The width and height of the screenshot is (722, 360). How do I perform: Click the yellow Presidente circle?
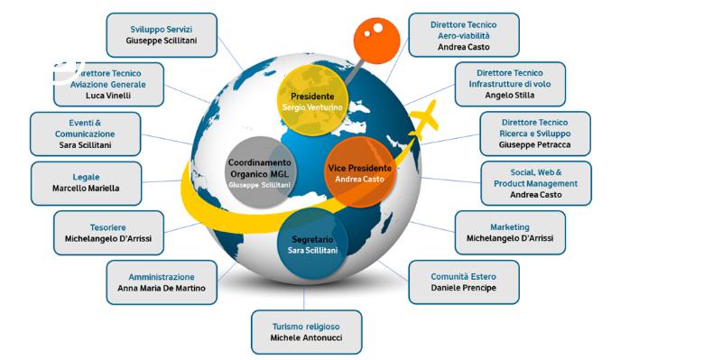[312, 100]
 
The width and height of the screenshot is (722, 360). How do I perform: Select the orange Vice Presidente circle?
[360, 171]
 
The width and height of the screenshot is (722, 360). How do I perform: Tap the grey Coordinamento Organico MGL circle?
[260, 171]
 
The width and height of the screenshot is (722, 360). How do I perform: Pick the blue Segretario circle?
[312, 244]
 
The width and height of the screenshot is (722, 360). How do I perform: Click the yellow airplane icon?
[423, 119]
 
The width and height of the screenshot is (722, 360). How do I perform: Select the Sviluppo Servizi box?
[162, 35]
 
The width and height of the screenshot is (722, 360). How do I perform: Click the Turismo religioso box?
[306, 332]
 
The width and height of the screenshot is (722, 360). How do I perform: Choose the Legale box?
[86, 183]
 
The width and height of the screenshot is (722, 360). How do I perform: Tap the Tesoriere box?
[108, 233]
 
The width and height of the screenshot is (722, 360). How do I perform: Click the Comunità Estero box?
[464, 282]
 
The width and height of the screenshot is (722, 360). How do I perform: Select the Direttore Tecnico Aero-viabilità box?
[464, 35]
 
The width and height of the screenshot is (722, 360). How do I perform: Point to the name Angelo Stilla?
[510, 96]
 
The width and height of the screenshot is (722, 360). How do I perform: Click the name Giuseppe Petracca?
[535, 144]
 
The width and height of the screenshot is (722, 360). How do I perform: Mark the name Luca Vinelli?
[108, 96]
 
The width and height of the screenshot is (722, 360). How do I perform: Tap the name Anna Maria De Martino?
[162, 288]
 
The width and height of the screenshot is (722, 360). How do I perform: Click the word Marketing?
[510, 227]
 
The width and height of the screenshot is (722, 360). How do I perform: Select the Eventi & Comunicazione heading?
[85, 128]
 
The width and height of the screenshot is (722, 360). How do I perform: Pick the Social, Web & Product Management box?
[536, 183]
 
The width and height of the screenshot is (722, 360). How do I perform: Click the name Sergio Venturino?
[312, 107]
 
